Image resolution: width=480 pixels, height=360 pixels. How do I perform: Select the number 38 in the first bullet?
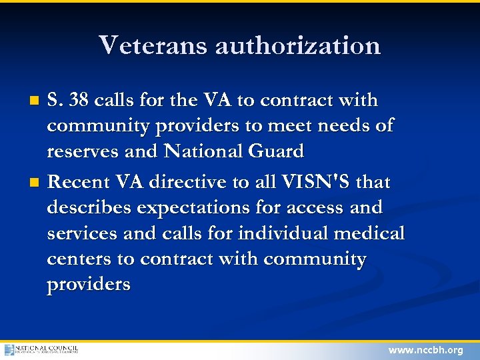[x=79, y=101]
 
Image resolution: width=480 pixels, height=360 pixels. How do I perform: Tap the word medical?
[x=371, y=233]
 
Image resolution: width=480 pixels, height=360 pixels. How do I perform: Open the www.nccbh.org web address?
[x=426, y=350]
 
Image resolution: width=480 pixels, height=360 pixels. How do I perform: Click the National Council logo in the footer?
[x=41, y=349]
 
